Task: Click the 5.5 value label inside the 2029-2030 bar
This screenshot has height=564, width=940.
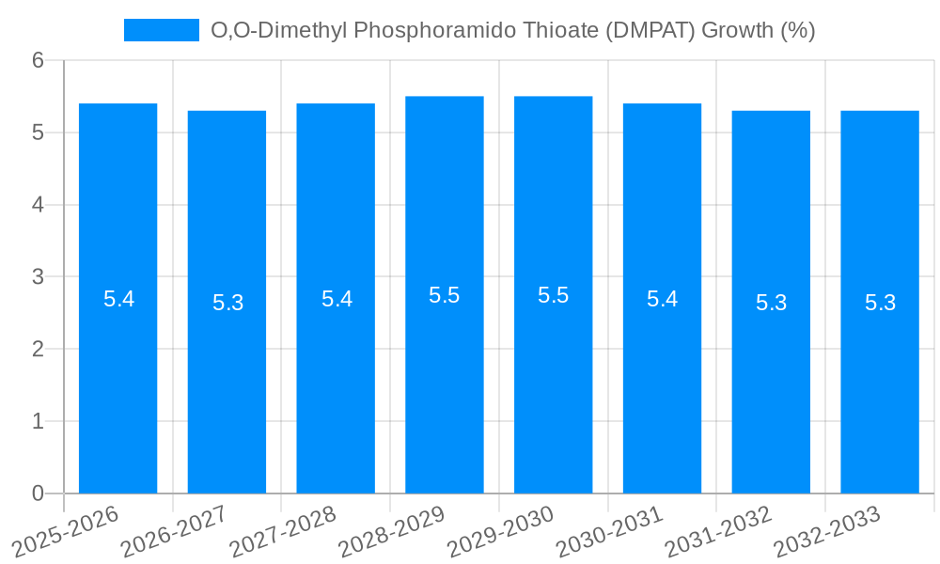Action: coord(553,295)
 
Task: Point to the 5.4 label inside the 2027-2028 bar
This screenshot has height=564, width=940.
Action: coord(336,299)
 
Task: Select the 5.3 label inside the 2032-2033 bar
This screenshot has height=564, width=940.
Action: coord(880,303)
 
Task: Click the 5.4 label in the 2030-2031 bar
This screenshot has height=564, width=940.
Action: coord(662,299)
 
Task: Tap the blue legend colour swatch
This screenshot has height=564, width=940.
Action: coord(161,30)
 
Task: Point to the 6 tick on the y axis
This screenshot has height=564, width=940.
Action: coord(39,60)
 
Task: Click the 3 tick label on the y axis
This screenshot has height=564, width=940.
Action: coord(39,277)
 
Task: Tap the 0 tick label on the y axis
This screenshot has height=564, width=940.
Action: coord(39,493)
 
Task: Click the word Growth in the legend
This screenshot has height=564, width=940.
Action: coord(738,30)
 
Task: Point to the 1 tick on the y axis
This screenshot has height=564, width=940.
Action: coord(39,421)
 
